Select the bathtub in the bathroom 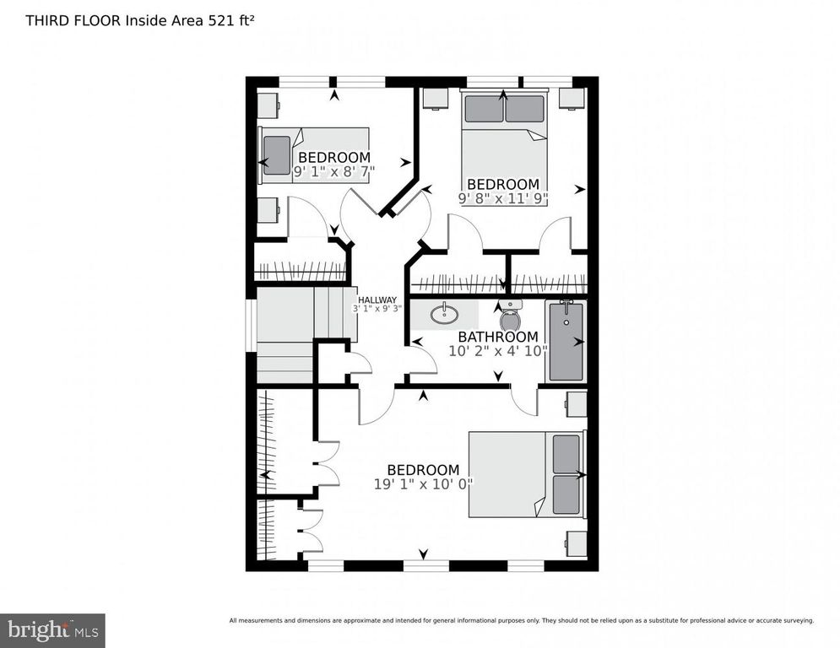(566, 342)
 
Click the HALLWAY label (376, 300)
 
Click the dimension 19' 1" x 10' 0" (423, 484)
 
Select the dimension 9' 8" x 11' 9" (503, 199)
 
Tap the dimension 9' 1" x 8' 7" (333, 170)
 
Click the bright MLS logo (51, 629)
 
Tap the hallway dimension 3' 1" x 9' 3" (376, 309)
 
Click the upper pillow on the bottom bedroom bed (566, 454)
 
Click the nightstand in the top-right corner (572, 98)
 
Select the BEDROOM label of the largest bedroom (423, 470)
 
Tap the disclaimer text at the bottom (521, 621)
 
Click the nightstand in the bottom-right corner (577, 541)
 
